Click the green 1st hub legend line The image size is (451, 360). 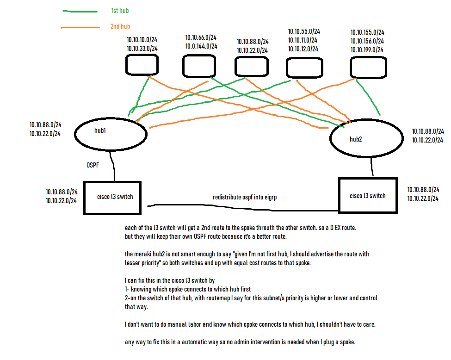[x=80, y=11]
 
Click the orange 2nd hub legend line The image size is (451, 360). [x=80, y=28]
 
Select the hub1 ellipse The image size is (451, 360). [x=111, y=133]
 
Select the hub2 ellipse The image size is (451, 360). [x=365, y=138]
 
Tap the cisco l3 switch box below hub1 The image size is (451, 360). [x=112, y=198]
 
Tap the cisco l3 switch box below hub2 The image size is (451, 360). [x=368, y=196]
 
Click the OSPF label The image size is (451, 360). [x=92, y=165]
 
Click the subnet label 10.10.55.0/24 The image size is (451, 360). [x=304, y=31]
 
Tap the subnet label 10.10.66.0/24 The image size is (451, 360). [x=201, y=37]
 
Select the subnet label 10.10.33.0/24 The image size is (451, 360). [x=142, y=48]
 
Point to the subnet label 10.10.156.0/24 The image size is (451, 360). [x=367, y=41]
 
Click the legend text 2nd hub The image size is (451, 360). [x=120, y=26]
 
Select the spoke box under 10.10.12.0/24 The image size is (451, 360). [x=304, y=67]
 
